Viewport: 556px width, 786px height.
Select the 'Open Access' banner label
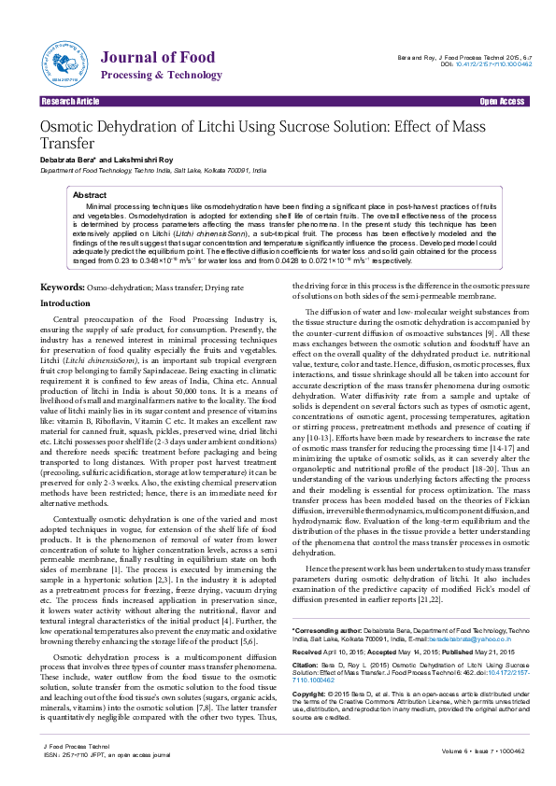pos(502,101)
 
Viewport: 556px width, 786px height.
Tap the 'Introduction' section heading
pos(64,278)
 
